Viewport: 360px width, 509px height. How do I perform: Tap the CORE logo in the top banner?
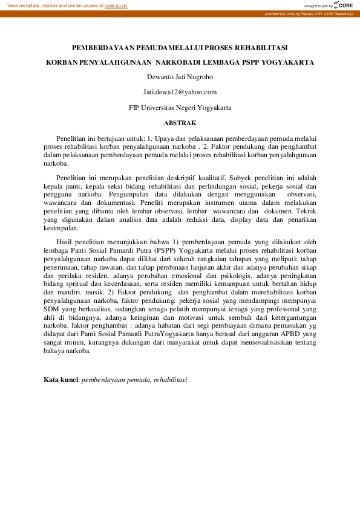(x=343, y=5)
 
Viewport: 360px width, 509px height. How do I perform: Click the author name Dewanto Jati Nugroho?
(x=180, y=77)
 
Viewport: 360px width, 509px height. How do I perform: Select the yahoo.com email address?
(x=180, y=92)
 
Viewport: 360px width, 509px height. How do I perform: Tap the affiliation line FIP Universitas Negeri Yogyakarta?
(x=180, y=108)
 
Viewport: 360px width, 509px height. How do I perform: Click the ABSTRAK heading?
(x=180, y=123)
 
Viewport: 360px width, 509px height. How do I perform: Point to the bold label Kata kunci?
(x=61, y=380)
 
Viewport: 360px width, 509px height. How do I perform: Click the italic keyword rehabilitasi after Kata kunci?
(x=171, y=380)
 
